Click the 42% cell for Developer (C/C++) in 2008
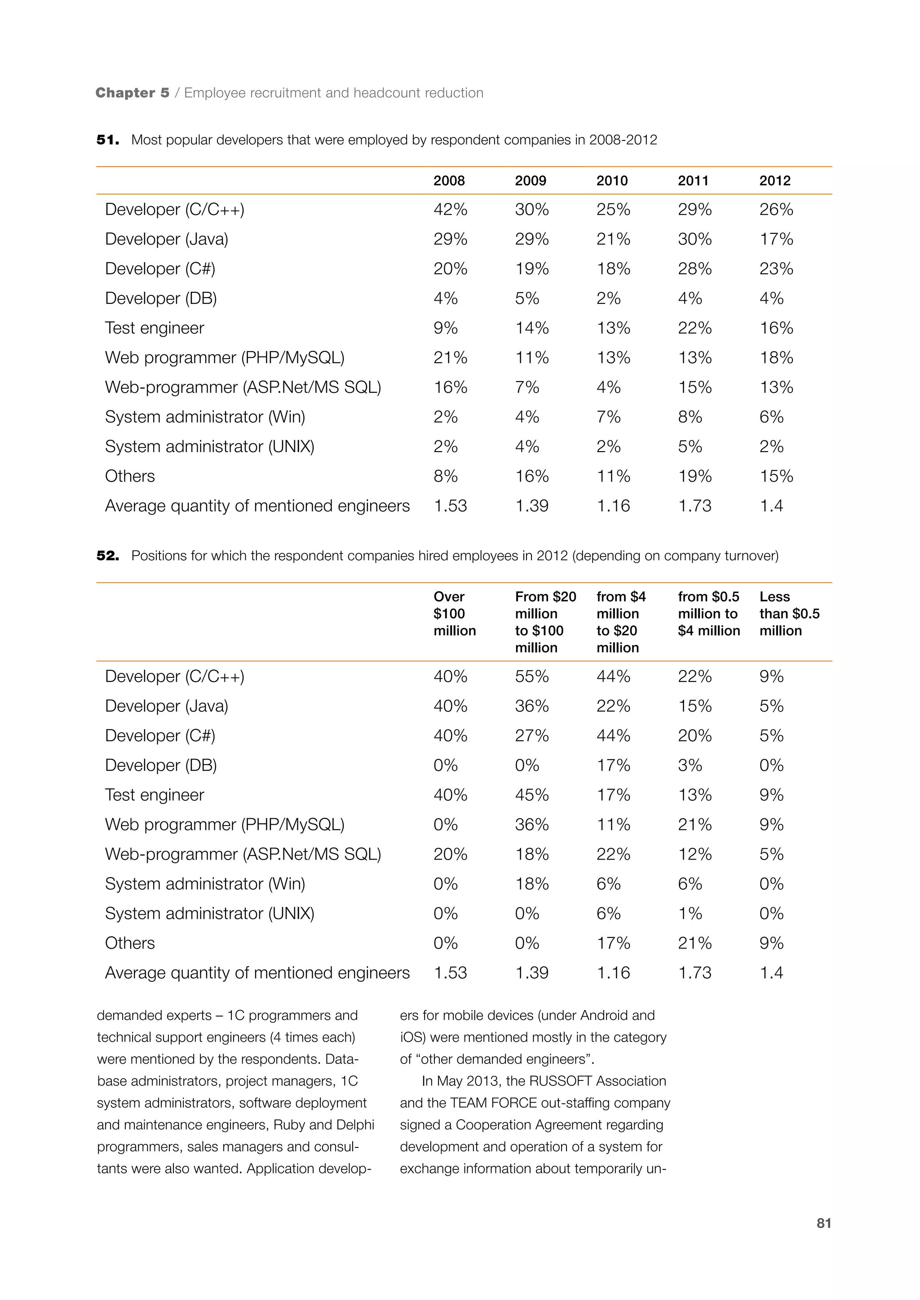click(x=451, y=210)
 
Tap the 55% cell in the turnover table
click(x=531, y=676)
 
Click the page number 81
click(x=824, y=1223)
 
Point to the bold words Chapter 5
click(x=133, y=93)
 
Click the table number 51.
click(x=108, y=140)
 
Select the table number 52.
click(x=108, y=555)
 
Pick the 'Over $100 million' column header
click(x=454, y=613)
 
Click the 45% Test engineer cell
click(x=531, y=795)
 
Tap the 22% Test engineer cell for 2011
click(x=694, y=328)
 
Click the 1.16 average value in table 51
click(x=613, y=505)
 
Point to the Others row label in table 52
click(x=130, y=943)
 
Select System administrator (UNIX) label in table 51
click(x=210, y=446)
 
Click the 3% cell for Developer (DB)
click(x=690, y=765)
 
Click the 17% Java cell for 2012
click(x=776, y=239)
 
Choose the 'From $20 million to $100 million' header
click(x=545, y=622)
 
